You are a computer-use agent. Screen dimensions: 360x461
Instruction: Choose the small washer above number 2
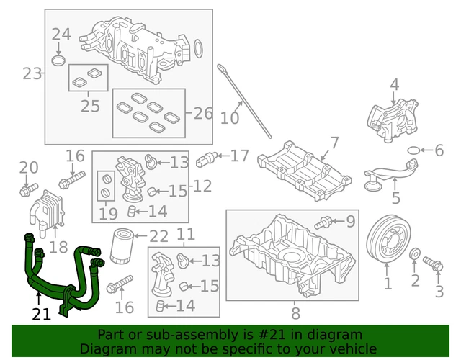[x=415, y=255]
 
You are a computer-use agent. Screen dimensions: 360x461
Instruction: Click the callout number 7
[x=334, y=142]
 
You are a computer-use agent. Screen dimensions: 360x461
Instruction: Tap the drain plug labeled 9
[x=326, y=220]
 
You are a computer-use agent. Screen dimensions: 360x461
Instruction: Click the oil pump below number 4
[x=390, y=119]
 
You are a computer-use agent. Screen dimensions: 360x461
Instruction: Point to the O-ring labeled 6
[x=413, y=150]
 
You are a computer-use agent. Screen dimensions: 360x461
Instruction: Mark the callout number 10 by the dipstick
[x=230, y=117]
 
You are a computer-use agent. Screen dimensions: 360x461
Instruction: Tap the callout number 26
[x=204, y=113]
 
